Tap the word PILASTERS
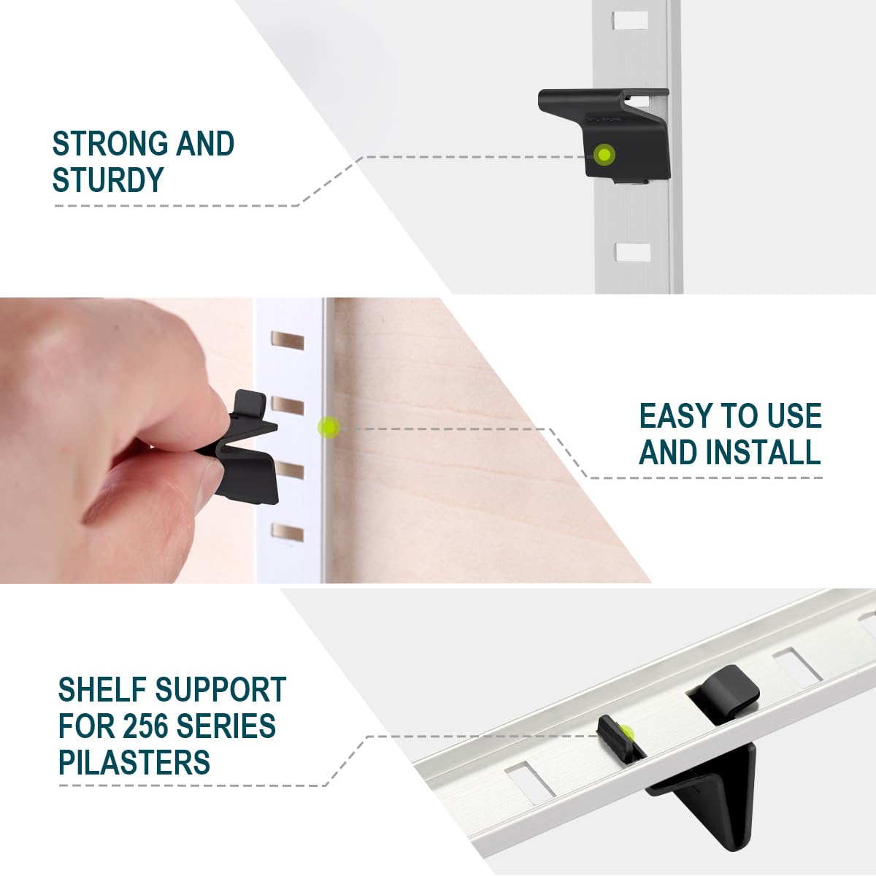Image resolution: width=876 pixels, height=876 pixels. (x=134, y=763)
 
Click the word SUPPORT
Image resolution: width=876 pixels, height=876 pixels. (x=220, y=690)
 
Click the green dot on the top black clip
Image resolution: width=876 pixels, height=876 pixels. (x=604, y=155)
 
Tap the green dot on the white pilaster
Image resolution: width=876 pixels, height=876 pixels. (x=329, y=426)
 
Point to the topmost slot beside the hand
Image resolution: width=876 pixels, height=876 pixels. (x=287, y=339)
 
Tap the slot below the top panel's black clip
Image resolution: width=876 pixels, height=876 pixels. (x=632, y=253)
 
